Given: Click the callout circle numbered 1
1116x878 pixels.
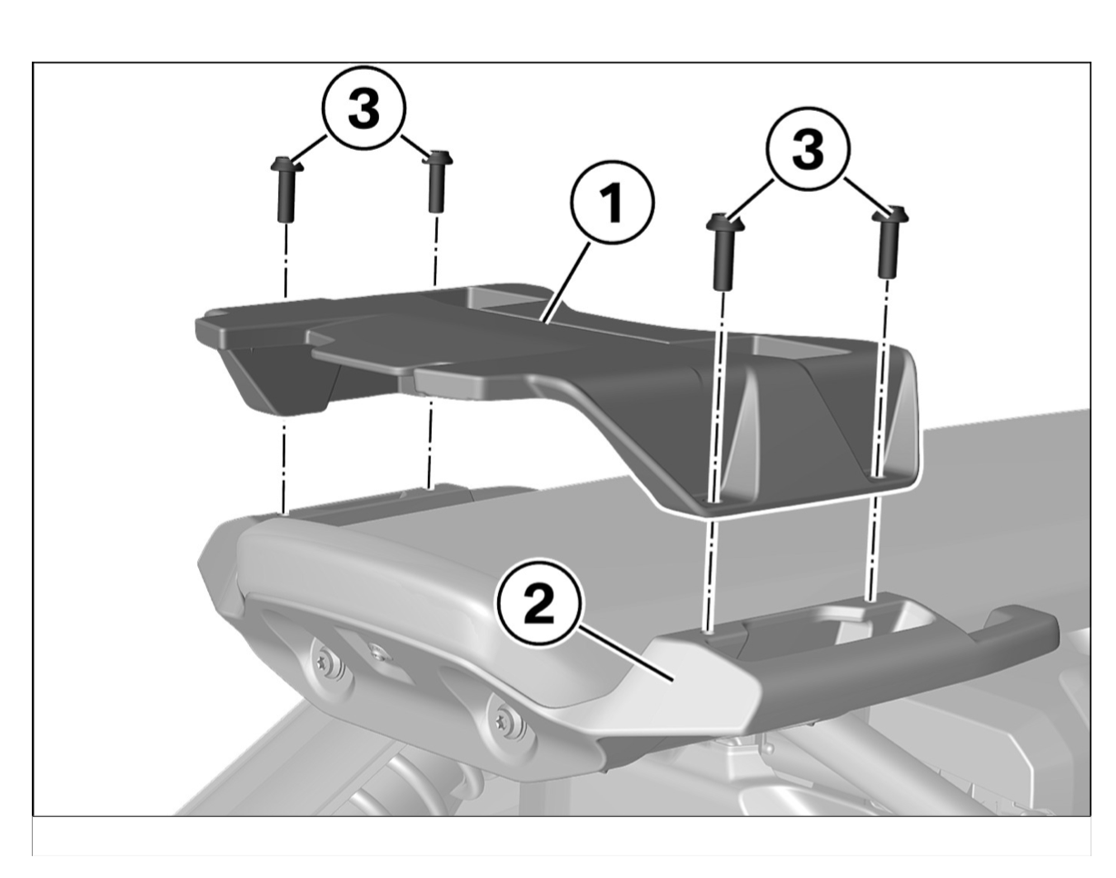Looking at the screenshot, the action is pos(613,203).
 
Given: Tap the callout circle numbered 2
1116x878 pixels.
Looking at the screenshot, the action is pos(539,604).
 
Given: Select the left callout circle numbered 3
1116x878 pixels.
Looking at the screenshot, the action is pos(364,108).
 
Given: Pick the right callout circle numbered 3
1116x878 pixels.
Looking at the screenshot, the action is pos(808,150).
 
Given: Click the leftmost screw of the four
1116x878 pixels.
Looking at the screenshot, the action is pos(286,188).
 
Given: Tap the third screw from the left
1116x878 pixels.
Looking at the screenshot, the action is pos(724,251).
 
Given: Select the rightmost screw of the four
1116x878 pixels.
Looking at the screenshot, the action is pos(889,242).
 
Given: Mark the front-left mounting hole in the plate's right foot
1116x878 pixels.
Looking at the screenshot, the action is pos(714,502).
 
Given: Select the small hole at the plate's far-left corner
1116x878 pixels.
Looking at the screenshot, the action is pos(214,314).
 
